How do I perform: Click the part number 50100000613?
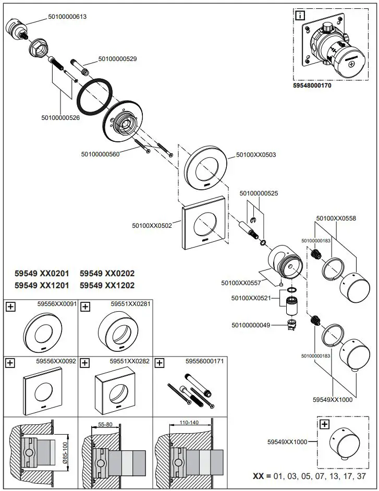click(x=67, y=17)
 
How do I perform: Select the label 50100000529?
click(x=117, y=59)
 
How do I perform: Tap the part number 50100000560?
click(x=101, y=154)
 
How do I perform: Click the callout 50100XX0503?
click(x=256, y=155)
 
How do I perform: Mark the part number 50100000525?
click(x=259, y=193)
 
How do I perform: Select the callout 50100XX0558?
click(x=336, y=219)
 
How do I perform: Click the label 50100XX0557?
click(x=240, y=283)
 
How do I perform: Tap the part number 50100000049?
click(x=251, y=325)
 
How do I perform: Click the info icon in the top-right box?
click(x=300, y=15)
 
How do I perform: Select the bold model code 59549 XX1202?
click(x=107, y=285)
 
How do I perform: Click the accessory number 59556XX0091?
click(x=57, y=303)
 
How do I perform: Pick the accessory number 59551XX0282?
click(x=130, y=361)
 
